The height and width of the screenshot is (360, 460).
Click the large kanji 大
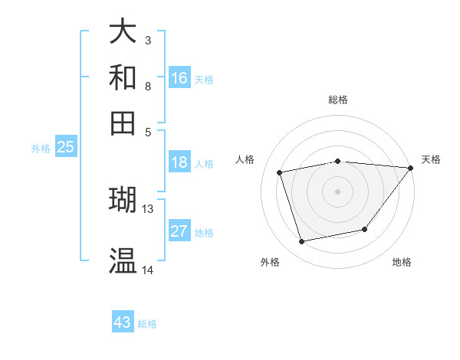123,32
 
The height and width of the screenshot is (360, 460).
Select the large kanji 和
123,77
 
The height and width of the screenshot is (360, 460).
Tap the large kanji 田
123,123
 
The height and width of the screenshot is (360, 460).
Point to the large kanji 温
123,260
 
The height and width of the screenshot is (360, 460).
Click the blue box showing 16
179,78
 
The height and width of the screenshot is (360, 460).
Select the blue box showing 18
179,162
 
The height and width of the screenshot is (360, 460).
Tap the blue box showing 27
179,231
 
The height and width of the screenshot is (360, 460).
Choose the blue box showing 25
65,148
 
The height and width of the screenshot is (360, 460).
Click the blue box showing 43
123,322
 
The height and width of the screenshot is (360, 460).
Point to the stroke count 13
148,208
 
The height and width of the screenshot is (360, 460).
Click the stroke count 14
148,270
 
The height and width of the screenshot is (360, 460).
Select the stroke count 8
148,86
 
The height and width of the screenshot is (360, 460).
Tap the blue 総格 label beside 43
147,324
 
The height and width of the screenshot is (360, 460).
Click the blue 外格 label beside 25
40,149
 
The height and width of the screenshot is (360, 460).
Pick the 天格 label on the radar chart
431,159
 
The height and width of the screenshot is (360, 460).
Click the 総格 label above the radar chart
337,100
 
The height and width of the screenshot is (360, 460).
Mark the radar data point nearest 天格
410,168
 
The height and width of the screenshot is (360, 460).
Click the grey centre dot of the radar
337,191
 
